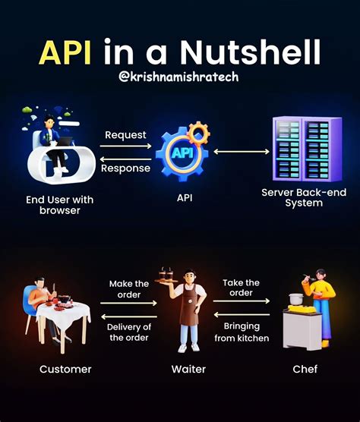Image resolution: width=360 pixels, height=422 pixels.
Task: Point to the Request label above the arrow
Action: tap(125, 134)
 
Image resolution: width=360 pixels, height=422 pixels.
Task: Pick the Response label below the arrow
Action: tap(125, 168)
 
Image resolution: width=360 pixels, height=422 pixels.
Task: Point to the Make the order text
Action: tap(129, 289)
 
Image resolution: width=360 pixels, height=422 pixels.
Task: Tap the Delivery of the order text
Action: tap(129, 332)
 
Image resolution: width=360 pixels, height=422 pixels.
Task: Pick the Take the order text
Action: tap(242, 288)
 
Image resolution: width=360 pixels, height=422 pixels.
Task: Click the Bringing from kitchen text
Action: tap(242, 332)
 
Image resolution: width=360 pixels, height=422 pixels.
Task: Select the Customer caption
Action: tap(65, 370)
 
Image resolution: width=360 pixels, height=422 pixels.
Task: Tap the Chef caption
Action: tap(304, 370)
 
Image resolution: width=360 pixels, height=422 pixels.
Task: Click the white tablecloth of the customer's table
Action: tap(67, 316)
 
